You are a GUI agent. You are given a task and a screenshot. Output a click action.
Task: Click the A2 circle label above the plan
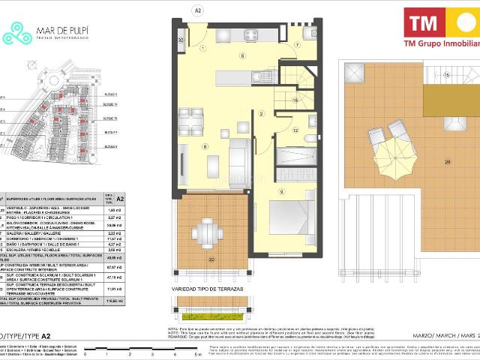[x=199, y=10]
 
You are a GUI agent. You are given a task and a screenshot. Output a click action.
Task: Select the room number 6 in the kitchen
[x=242, y=56]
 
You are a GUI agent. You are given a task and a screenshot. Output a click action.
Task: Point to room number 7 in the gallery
[x=296, y=46]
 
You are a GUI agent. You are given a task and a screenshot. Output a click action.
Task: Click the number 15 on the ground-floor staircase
[x=295, y=100]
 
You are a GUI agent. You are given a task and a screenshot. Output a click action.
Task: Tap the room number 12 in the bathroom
[x=295, y=130]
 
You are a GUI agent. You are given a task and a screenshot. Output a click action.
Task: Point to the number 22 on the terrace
[x=211, y=259]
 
